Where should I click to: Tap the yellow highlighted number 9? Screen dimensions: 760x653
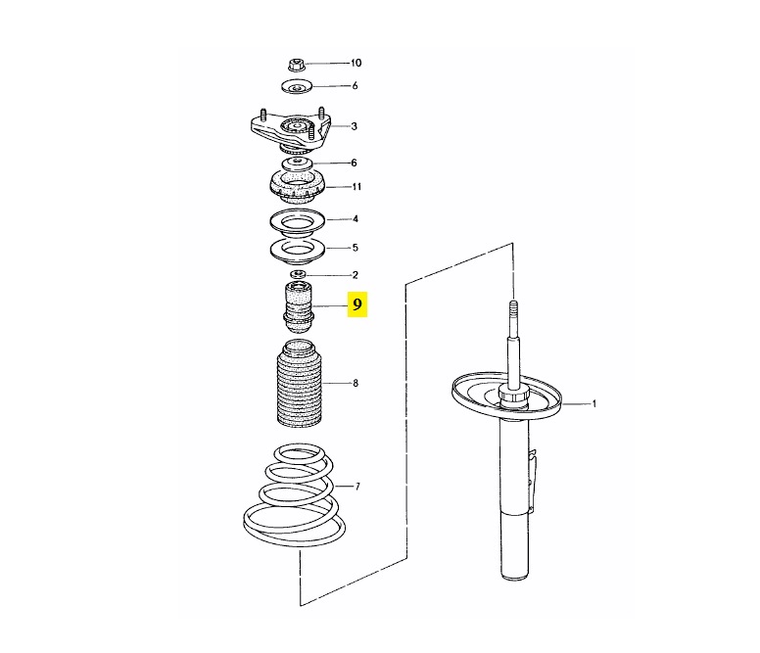(357, 304)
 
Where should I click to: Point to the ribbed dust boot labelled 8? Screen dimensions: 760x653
(299, 385)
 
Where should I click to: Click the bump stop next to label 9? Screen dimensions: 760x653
(298, 307)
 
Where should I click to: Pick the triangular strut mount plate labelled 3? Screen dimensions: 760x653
(291, 130)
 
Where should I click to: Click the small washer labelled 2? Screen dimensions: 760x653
(298, 275)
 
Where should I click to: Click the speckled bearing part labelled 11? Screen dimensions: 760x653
(298, 189)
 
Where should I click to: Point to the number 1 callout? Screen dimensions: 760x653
(594, 403)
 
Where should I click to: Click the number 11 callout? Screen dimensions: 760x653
(356, 187)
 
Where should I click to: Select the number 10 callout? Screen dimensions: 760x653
(356, 63)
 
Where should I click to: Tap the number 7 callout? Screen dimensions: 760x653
(357, 487)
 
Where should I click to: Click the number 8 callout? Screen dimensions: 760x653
(356, 383)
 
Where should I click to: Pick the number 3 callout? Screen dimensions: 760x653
(355, 126)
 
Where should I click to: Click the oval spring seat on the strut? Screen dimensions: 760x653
(506, 396)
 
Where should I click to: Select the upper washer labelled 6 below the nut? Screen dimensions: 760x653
(296, 87)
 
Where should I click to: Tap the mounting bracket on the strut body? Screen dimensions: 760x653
(532, 480)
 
